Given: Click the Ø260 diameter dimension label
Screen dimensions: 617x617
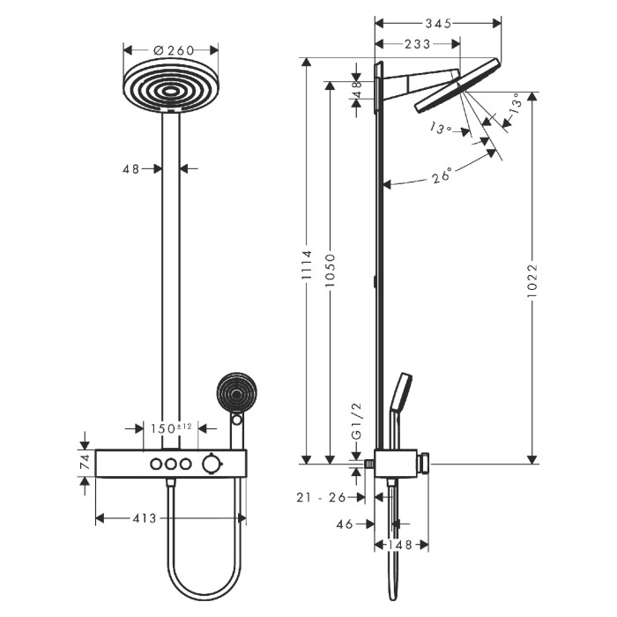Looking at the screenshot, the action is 174,50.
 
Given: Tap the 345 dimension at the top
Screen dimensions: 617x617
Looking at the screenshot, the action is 438,24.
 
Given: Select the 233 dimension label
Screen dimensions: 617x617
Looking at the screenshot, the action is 418,44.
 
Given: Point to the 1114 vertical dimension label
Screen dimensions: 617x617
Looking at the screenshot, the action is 307,264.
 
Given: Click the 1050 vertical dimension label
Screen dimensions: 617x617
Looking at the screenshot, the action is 331,270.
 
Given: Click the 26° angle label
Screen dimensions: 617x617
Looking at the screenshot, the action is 442,175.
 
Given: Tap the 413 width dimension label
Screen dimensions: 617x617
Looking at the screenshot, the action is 145,518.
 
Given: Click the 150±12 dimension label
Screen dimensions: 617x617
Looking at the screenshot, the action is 171,428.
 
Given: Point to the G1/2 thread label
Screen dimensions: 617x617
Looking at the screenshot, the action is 356,421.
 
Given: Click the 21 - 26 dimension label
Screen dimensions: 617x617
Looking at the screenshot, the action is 321,497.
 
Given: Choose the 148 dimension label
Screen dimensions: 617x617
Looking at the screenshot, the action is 400,545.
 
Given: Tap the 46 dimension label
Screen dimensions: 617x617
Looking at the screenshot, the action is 345,524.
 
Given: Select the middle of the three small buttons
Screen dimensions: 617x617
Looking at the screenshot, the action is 170,464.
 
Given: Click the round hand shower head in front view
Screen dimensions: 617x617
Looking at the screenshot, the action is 237,393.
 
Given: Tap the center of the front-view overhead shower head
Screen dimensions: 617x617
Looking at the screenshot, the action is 171,91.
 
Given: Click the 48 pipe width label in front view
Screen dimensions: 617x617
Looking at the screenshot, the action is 131,169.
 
